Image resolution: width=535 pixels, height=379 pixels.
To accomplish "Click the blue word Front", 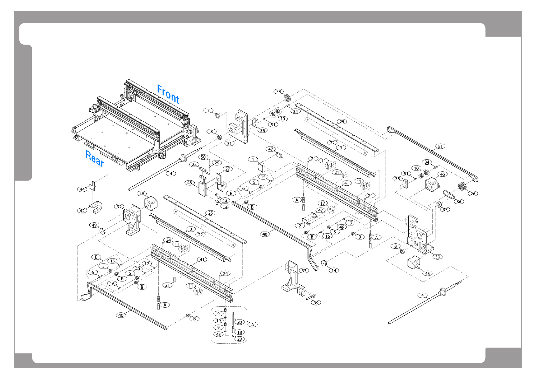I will (x=168, y=94).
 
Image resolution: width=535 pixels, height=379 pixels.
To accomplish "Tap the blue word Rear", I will (x=94, y=158).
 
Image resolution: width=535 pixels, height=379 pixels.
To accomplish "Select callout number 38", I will (x=279, y=92).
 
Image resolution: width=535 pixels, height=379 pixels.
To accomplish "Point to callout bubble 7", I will (x=208, y=111).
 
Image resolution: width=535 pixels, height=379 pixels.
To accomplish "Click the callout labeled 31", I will (x=229, y=143).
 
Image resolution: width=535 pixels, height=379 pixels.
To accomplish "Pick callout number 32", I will (x=119, y=207).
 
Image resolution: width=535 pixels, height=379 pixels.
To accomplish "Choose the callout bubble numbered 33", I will (x=304, y=271).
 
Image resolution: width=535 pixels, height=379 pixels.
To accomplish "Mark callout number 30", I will (x=438, y=257).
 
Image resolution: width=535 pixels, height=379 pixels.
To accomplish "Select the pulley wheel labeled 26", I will (x=462, y=187).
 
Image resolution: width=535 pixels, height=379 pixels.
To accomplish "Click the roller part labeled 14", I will (x=325, y=264).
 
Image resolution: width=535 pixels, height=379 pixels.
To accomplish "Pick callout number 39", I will (x=316, y=303).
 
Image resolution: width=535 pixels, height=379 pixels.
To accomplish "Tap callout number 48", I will (x=190, y=183).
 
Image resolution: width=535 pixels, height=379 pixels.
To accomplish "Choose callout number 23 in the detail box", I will (x=240, y=339).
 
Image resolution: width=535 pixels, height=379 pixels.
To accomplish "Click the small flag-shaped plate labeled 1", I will (x=261, y=166).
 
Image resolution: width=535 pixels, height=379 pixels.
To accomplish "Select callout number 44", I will (x=82, y=189).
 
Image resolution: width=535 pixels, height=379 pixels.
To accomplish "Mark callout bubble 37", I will (x=445, y=209).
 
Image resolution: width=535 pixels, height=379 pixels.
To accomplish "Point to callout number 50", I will (x=203, y=157).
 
